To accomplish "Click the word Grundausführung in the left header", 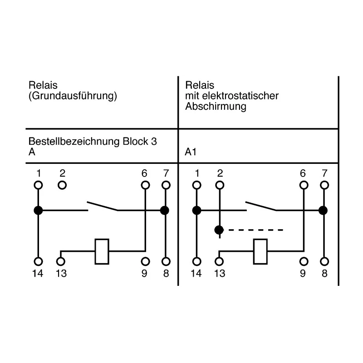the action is [x=73, y=96].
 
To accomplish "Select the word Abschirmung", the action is [x=216, y=107].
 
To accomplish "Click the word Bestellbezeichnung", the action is [x=74, y=141].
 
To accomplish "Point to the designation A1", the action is [x=191, y=152].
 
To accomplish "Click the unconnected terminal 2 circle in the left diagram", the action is [x=62, y=185].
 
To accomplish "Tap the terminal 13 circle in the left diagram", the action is [x=61, y=262].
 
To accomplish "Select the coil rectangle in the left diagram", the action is [x=102, y=251].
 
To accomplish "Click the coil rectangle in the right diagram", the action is [x=260, y=251].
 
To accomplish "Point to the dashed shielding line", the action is [x=256, y=230].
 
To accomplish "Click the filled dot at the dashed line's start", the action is [x=219, y=230].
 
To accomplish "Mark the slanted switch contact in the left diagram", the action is [x=103, y=206].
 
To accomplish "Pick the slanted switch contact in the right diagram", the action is [x=261, y=206].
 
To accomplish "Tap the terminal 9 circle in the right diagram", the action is [x=304, y=262].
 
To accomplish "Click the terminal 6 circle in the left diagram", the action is [x=145, y=185].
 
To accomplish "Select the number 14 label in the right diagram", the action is [x=196, y=274].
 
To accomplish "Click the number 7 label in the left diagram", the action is [x=166, y=173].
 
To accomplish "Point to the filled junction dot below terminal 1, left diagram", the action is [x=38, y=211].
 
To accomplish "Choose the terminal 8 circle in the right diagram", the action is [x=324, y=262].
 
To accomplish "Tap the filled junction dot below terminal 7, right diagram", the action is [x=323, y=211].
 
